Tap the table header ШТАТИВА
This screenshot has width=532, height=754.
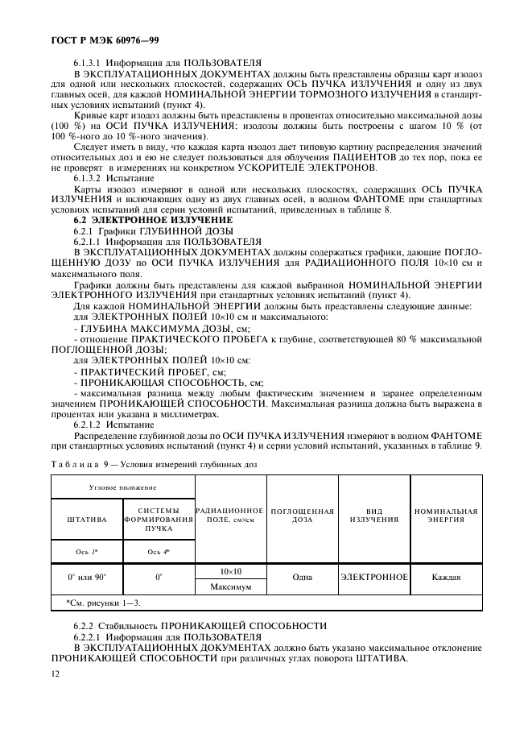coord(87,519)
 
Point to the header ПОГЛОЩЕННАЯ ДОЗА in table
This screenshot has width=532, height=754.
coord(302,515)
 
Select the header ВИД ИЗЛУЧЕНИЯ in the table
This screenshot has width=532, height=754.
coord(373,515)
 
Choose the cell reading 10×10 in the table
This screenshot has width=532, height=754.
coord(230,571)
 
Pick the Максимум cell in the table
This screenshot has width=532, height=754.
coord(230,587)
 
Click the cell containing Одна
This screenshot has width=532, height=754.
coord(302,578)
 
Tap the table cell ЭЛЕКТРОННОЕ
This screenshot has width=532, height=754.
coord(373,578)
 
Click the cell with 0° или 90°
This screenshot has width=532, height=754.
coord(87,578)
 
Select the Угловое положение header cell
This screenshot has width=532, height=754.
coord(122,487)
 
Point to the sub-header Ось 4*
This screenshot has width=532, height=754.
coord(159,551)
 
